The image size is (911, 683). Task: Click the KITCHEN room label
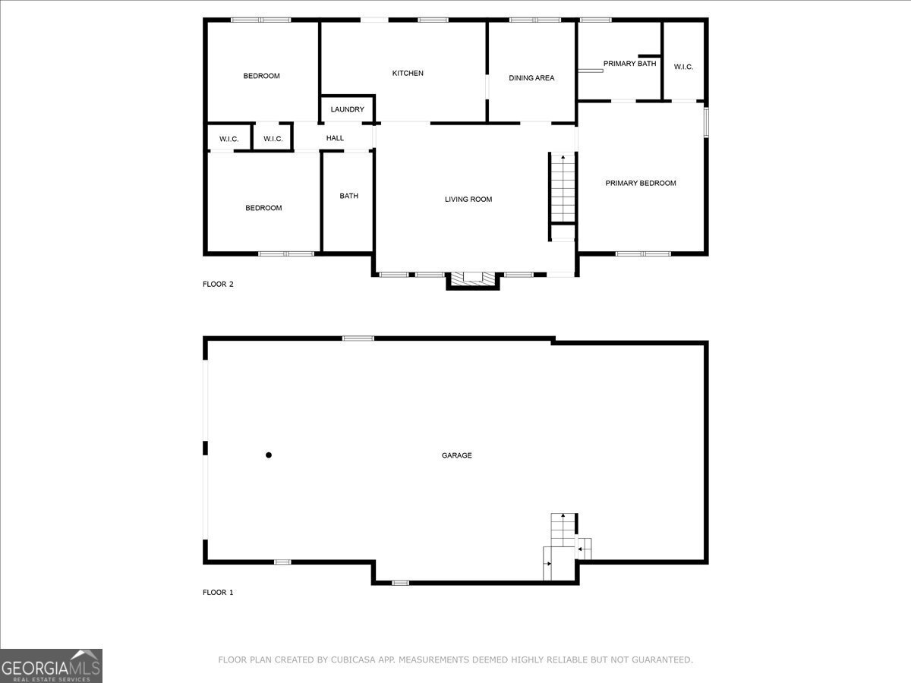[408, 74]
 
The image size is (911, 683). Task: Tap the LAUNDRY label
[348, 109]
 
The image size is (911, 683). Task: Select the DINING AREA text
[531, 78]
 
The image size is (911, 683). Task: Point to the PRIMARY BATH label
[629, 64]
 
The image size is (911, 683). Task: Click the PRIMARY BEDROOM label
[641, 184]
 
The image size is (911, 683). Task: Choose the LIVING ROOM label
[468, 200]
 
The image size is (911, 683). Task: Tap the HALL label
[335, 138]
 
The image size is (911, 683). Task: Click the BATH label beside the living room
[348, 196]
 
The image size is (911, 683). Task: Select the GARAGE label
[456, 455]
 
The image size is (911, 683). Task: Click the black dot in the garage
[269, 455]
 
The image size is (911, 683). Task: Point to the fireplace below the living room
[473, 280]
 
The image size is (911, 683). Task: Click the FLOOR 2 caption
[218, 284]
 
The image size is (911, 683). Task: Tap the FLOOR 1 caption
[218, 592]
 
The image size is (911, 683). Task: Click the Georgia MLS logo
[51, 666]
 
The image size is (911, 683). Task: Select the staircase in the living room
[563, 189]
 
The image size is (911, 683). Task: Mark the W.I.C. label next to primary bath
[683, 67]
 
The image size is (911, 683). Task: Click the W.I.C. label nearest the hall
[273, 139]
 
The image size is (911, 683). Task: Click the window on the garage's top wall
[358, 338]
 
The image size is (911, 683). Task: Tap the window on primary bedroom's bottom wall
[643, 253]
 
